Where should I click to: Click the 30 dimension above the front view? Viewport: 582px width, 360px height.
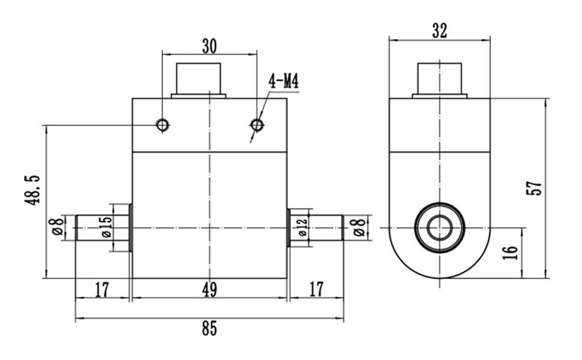coord(209,46)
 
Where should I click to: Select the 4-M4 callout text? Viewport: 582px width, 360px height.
coord(283,82)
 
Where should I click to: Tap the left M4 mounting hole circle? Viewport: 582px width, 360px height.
coord(162,125)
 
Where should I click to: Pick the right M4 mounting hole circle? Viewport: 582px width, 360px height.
coord(257,125)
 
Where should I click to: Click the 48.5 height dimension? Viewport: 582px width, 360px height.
coord(32,190)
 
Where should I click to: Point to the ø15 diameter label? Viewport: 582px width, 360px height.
coord(106,227)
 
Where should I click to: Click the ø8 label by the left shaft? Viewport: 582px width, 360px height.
coord(58,227)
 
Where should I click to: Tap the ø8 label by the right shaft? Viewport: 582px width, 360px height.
coord(359,227)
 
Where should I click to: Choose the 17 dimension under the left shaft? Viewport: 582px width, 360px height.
coord(102,290)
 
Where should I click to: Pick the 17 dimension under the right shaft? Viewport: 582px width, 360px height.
coord(316,290)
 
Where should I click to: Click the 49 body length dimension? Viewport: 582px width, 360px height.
coord(209,290)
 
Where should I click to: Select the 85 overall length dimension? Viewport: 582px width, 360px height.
coord(209,329)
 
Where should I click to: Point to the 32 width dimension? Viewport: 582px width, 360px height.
coord(440,31)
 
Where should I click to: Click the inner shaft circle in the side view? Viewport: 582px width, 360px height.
coord(440,228)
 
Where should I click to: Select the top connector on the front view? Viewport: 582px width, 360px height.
coord(199,79)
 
